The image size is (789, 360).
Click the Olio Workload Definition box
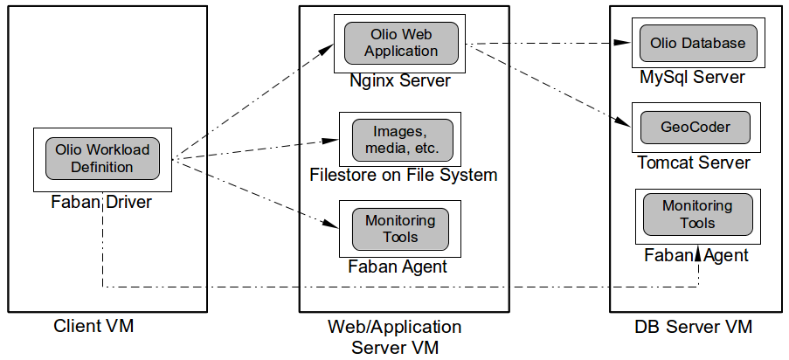tap(97, 158)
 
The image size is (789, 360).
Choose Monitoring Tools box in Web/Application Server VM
tap(400, 228)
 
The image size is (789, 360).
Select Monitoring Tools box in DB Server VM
tap(696, 214)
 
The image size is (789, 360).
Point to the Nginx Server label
tap(399, 81)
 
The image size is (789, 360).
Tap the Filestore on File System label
tap(403, 175)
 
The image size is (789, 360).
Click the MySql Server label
tap(692, 78)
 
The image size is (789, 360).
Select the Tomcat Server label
tap(694, 163)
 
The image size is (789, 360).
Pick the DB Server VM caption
tap(694, 327)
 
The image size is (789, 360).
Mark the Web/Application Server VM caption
tap(394, 336)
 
